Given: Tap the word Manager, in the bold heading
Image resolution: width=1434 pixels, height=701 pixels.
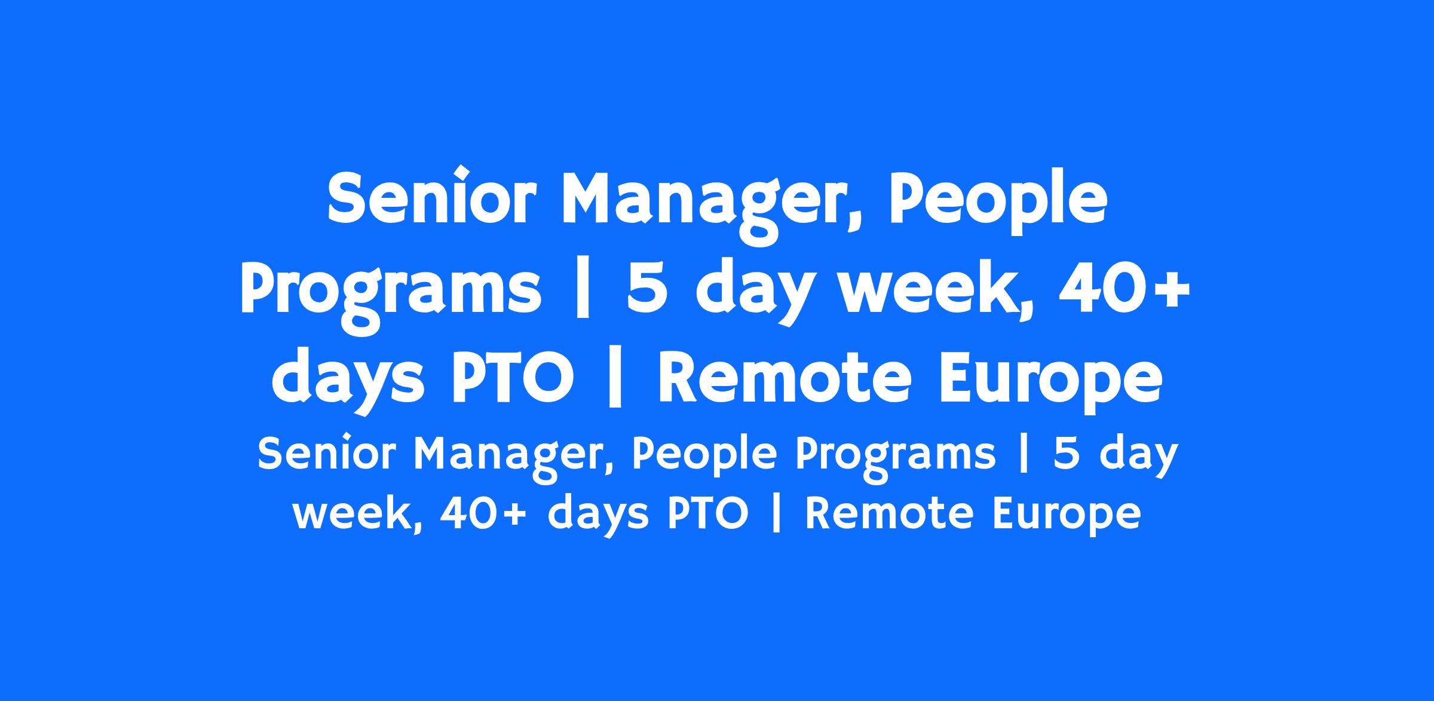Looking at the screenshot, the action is click(x=712, y=206).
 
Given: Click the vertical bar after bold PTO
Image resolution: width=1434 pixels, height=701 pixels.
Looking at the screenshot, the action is click(x=615, y=382).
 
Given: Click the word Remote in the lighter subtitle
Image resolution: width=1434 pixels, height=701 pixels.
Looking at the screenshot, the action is click(x=889, y=513).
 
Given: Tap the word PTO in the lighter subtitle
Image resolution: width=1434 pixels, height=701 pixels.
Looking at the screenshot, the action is click(x=707, y=513).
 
